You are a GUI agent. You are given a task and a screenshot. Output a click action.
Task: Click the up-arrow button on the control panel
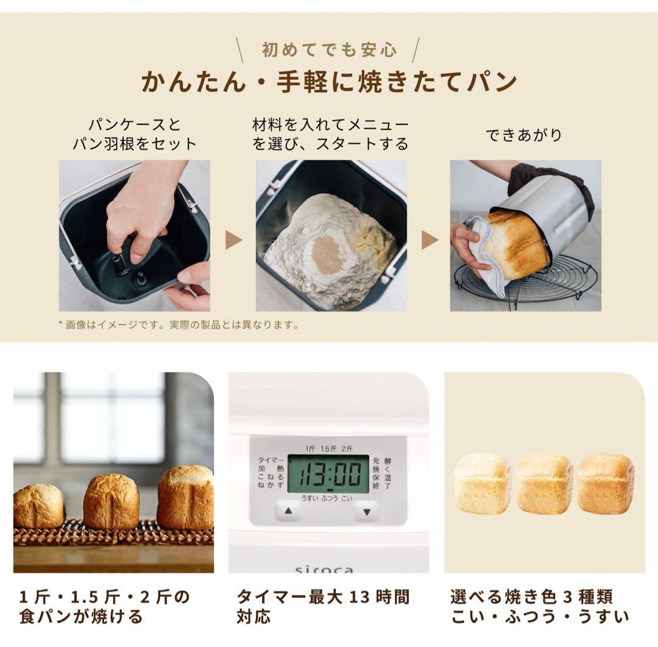point(288,510)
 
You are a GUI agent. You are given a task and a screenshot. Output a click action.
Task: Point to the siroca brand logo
point(324,570)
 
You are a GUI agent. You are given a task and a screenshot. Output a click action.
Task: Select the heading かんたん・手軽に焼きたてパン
point(329,81)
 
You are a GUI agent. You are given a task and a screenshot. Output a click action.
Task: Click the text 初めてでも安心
point(329,49)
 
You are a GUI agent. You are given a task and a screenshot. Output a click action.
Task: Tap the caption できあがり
point(523,135)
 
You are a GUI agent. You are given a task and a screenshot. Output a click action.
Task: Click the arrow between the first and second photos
point(233,240)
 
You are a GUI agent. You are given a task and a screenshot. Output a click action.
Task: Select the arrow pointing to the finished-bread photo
point(430,240)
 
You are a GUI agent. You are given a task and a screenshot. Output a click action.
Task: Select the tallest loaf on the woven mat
point(185,496)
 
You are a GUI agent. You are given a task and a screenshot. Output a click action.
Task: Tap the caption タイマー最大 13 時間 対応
point(322,606)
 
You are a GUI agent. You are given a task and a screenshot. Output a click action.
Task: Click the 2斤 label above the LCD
point(347,448)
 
